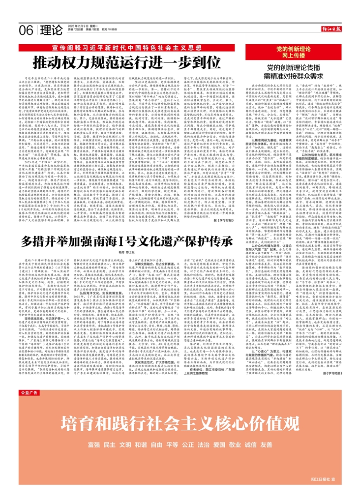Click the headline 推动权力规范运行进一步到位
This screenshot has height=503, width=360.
point(133,62)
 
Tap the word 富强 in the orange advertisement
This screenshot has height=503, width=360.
point(94,444)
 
